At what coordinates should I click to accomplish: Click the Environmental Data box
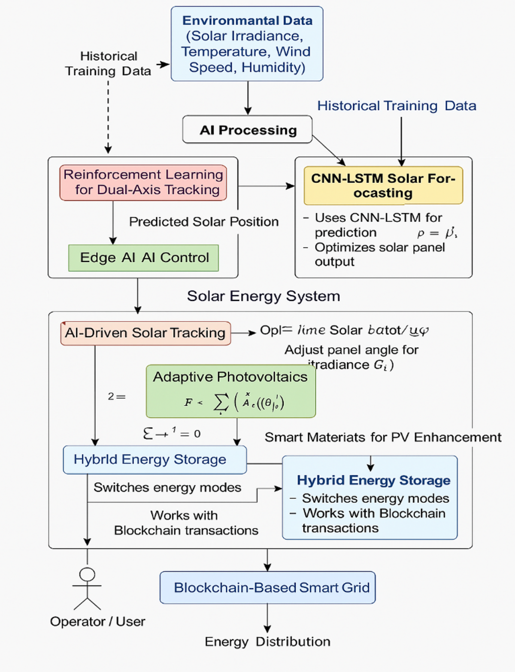click(247, 44)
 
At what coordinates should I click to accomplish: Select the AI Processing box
click(247, 130)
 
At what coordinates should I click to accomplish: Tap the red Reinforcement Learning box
click(143, 182)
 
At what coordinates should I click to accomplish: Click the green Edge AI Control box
click(143, 258)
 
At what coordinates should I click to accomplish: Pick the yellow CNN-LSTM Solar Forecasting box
click(383, 185)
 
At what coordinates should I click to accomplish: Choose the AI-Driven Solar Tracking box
click(145, 333)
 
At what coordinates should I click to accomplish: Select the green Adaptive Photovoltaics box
click(230, 391)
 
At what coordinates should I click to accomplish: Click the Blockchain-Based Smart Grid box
click(267, 587)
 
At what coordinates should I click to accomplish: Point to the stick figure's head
click(87, 574)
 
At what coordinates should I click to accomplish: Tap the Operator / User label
click(97, 621)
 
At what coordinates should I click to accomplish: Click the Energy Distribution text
click(267, 642)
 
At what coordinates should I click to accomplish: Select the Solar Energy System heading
click(264, 296)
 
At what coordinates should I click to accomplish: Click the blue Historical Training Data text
click(397, 106)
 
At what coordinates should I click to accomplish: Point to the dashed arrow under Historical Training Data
click(108, 116)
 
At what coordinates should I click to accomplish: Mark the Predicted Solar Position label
click(204, 222)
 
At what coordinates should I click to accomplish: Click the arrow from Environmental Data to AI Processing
click(248, 98)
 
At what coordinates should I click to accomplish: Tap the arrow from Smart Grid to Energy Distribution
click(267, 618)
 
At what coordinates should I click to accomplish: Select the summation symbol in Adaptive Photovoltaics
click(221, 403)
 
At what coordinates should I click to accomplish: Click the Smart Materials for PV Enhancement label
click(383, 437)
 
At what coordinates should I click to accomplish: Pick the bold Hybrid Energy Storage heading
click(373, 480)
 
